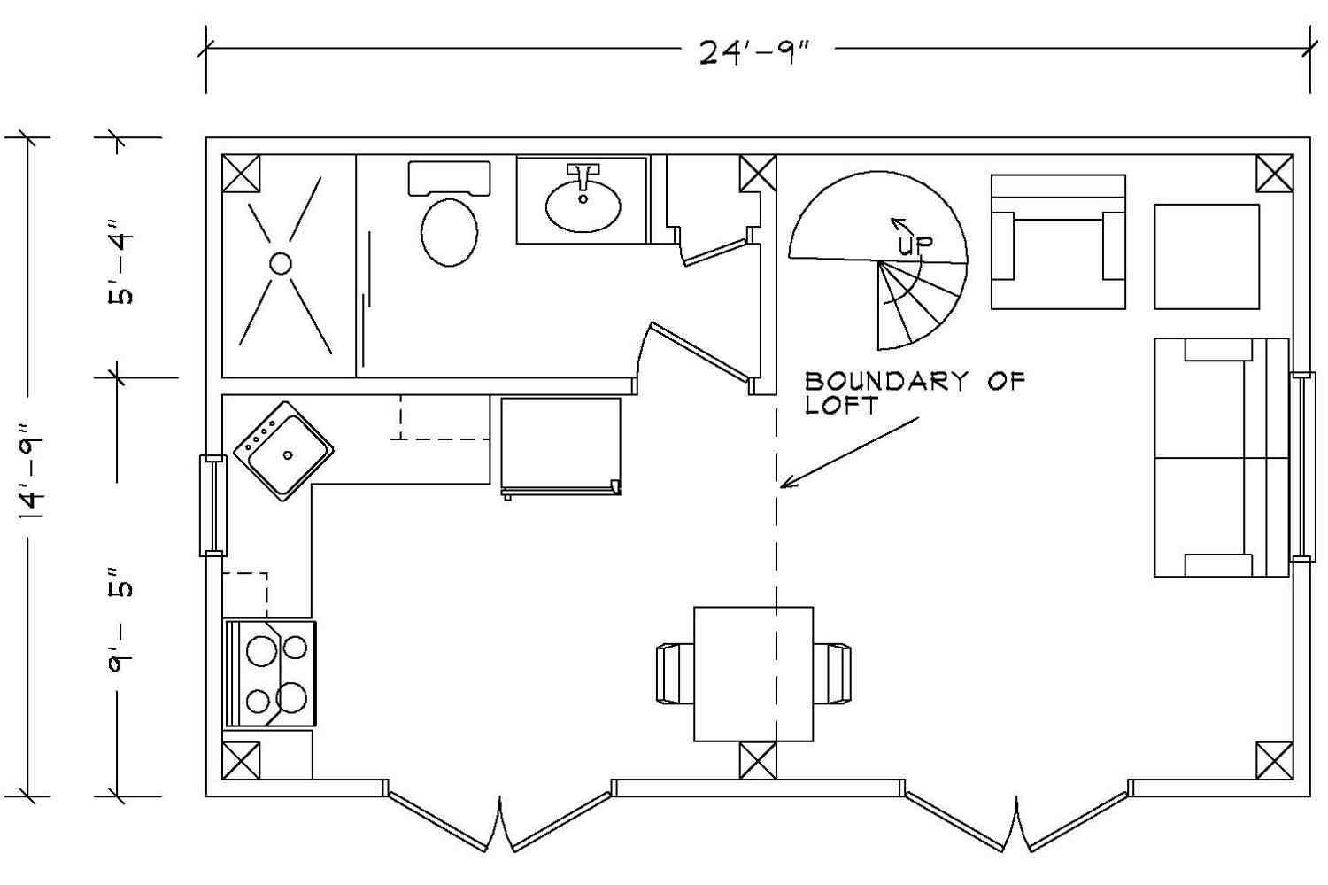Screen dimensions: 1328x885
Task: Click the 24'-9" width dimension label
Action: (754, 52)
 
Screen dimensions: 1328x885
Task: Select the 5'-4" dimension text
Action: (121, 262)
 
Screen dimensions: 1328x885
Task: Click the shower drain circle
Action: (281, 263)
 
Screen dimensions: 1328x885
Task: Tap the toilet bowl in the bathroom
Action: (450, 232)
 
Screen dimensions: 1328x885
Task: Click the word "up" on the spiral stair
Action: (915, 244)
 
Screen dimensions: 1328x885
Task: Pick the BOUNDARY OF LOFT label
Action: (915, 392)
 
